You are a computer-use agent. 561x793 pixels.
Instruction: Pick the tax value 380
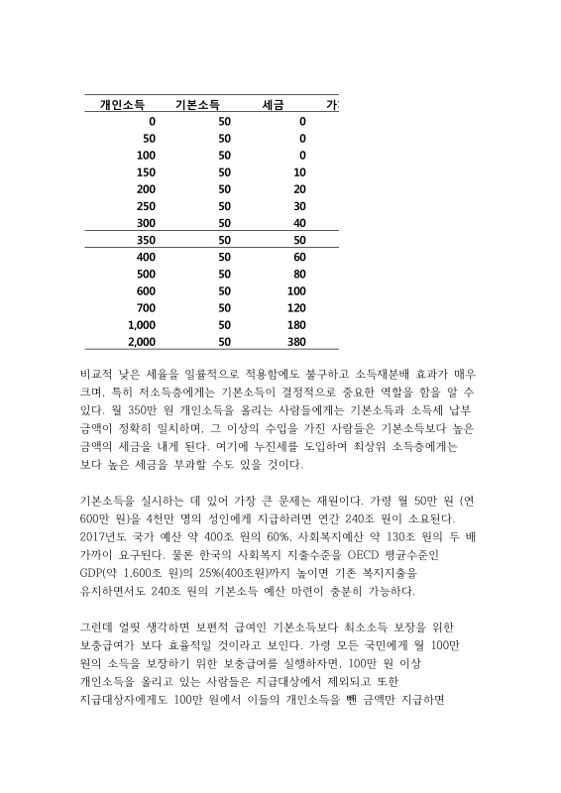click(295, 342)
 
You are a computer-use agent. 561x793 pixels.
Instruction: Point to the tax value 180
click(295, 324)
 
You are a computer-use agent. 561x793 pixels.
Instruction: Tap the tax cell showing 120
click(295, 307)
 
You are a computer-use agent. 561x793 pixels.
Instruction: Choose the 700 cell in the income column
click(147, 307)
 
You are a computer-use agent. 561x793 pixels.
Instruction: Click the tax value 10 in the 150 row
click(299, 171)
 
